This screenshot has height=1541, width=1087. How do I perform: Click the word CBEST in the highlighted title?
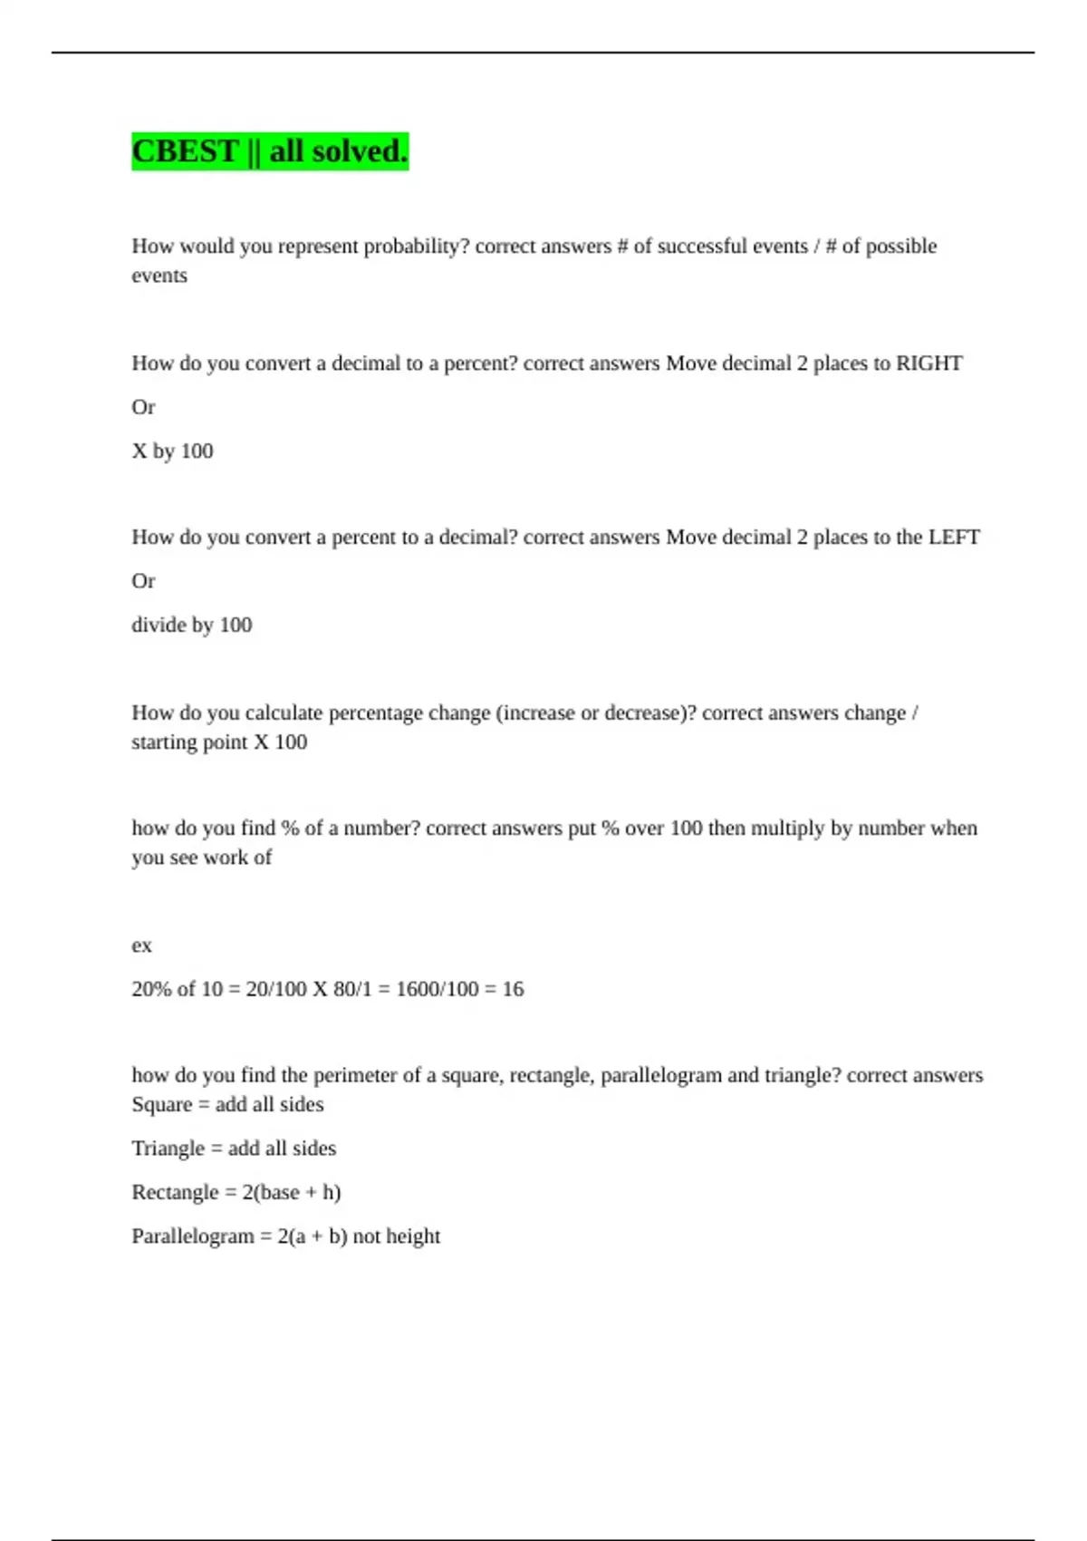coord(185,151)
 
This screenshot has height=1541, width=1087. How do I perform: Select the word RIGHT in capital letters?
coord(928,363)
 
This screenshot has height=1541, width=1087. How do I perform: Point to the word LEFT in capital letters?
coord(954,538)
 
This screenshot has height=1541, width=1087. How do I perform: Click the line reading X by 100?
coord(172,451)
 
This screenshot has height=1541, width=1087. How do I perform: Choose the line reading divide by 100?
coord(191,625)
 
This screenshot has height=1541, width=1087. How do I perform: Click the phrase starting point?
coord(189,742)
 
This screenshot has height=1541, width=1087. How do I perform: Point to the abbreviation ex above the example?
coord(141,945)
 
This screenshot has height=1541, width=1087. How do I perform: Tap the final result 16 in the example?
coord(513,989)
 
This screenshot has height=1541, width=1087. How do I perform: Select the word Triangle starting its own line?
coord(168,1148)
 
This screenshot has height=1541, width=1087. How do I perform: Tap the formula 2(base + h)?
coord(291,1193)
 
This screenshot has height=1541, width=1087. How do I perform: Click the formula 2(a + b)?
coord(312,1236)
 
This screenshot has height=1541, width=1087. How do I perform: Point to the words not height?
coord(396,1236)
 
